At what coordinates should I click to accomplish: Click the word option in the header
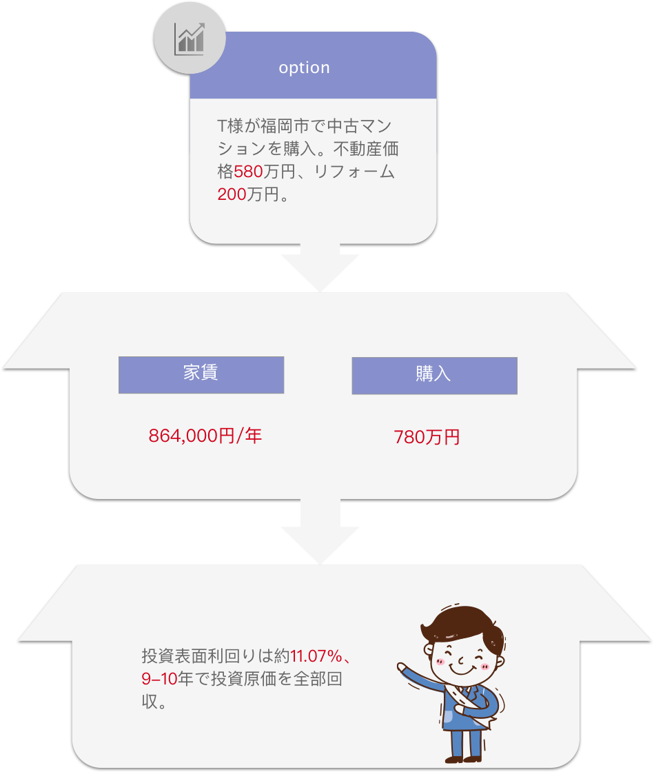point(304,68)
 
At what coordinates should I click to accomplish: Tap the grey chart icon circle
point(190,39)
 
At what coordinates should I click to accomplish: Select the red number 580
point(248,172)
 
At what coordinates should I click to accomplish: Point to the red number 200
point(232,194)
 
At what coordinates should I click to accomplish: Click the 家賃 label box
point(201,375)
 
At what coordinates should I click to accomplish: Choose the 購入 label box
point(435,376)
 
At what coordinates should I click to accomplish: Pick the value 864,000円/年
point(205,436)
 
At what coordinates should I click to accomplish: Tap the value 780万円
point(427,437)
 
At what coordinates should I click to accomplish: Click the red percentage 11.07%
point(316,656)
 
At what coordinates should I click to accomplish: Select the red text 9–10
point(159,678)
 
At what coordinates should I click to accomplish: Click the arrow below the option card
point(320,267)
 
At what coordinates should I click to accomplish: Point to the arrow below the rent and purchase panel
point(320,531)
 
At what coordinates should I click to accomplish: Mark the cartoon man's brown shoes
point(462,759)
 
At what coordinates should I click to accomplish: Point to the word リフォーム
point(354,172)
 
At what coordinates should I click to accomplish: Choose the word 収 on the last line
point(150,701)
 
